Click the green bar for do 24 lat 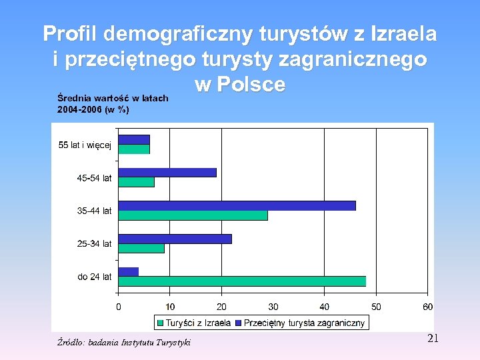tap(241, 281)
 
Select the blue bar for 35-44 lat tap(237, 205)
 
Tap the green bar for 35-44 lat tap(193, 215)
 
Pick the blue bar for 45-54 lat tap(167, 173)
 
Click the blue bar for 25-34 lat tap(175, 239)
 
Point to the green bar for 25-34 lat tap(141, 248)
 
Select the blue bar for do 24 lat tap(128, 272)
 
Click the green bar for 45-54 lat tap(136, 182)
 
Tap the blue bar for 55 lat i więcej tap(133, 139)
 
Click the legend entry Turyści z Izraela tap(194, 323)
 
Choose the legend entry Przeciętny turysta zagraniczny tap(300, 323)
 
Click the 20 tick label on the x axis tap(221, 307)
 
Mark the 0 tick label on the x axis tap(119, 307)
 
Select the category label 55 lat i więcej tap(85, 145)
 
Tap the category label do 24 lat tap(95, 277)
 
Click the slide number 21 tap(433, 339)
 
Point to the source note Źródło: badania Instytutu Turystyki tap(123, 342)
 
